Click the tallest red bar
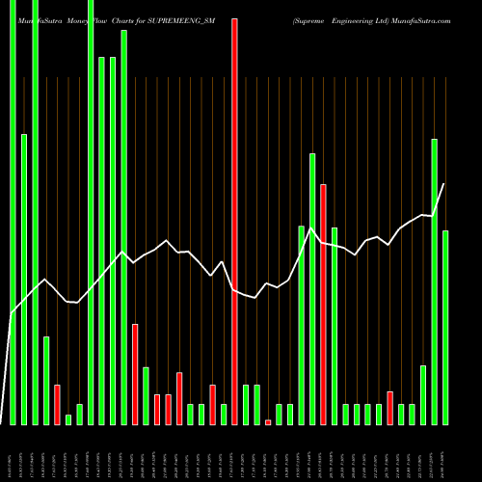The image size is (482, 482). (234, 222)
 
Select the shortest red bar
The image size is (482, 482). (268, 421)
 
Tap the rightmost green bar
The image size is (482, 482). (445, 328)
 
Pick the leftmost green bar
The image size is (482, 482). (13, 212)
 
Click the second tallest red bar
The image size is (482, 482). (324, 304)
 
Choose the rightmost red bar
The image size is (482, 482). (390, 408)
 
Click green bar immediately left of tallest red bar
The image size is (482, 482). (224, 414)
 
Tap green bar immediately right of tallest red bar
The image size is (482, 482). (246, 404)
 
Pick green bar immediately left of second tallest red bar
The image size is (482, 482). (312, 288)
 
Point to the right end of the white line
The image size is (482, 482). (444, 184)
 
